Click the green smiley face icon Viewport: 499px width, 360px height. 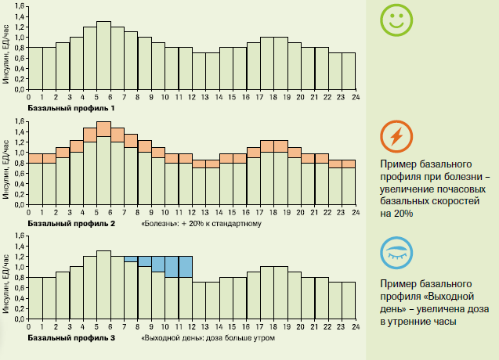pos(396,20)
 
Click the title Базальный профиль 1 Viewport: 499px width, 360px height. pos(71,107)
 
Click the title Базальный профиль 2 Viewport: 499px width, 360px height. pos(71,224)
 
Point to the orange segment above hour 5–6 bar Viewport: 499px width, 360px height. pos(103,129)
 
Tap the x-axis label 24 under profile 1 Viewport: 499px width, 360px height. pos(355,99)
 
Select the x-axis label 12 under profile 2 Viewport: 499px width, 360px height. pos(192,213)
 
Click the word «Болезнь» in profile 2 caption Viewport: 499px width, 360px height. pos(160,225)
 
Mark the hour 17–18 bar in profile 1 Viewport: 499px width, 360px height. pos(267,63)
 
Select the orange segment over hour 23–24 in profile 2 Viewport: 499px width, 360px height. pos(349,164)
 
